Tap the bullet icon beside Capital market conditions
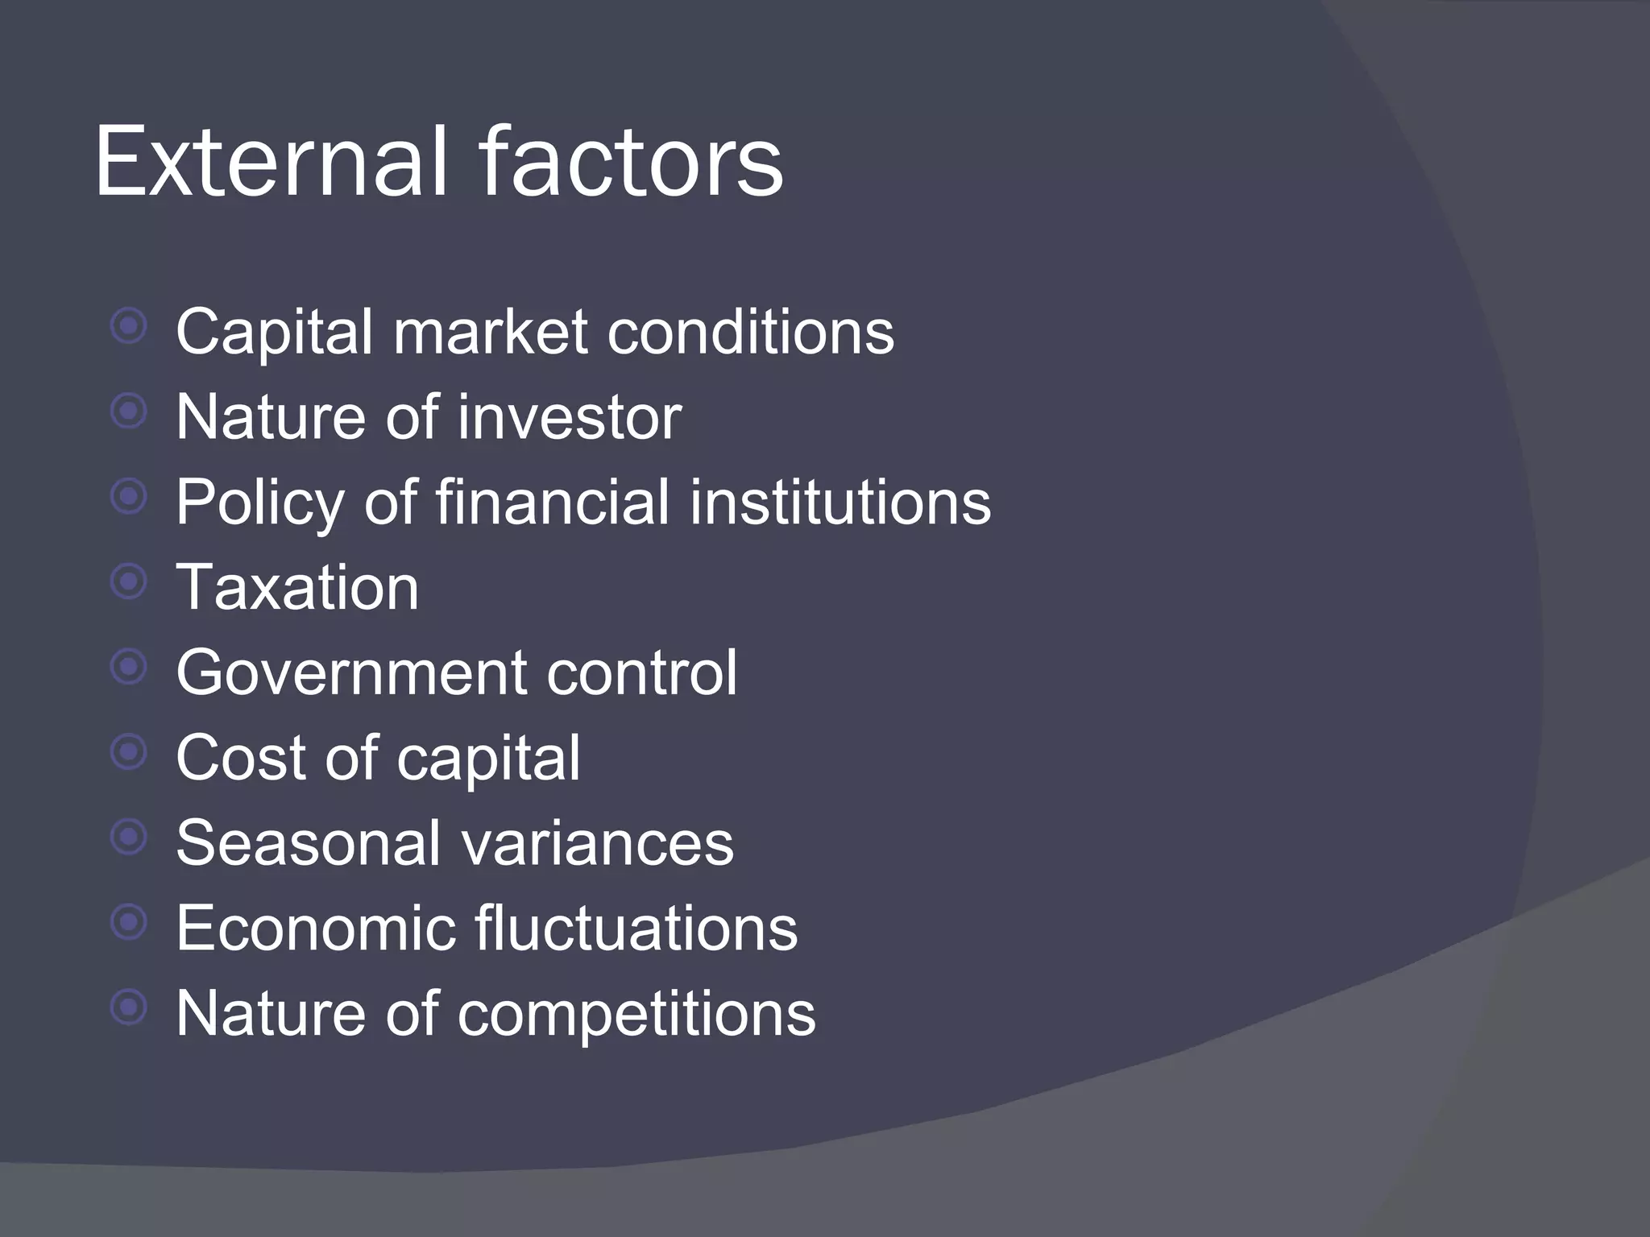pos(129,326)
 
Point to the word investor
pos(570,417)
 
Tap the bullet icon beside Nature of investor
pos(129,412)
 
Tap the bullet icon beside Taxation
pos(129,581)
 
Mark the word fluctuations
pos(636,929)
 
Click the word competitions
pos(636,1015)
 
